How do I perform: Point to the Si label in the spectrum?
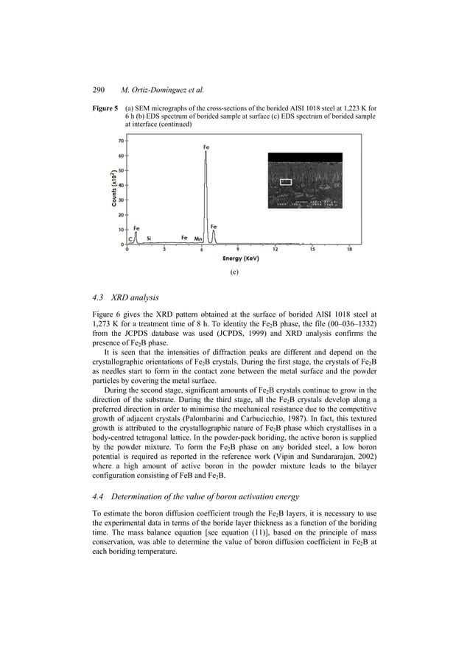click(x=149, y=239)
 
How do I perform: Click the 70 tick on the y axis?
click(x=119, y=140)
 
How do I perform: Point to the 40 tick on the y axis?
click(x=119, y=185)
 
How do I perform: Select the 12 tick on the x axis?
click(x=275, y=250)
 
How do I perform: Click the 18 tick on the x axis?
click(x=349, y=250)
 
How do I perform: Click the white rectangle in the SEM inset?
click(x=286, y=180)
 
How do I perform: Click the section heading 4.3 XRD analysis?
click(x=132, y=298)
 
